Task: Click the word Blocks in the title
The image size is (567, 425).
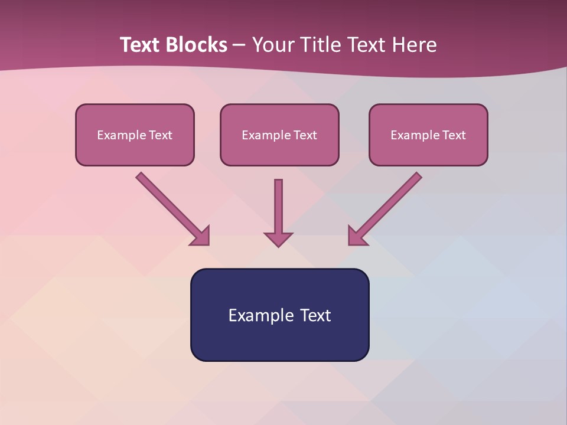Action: coord(197,45)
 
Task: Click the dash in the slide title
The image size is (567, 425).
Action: coord(239,45)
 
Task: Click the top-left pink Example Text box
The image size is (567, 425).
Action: coord(135,135)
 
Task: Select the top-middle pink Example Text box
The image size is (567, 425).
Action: coord(279,135)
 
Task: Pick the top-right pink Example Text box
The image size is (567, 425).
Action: coord(428,135)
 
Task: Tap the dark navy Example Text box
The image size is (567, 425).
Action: coord(279,315)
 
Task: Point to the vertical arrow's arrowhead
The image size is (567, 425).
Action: coord(278,238)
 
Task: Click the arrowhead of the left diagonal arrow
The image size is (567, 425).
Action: coord(201,236)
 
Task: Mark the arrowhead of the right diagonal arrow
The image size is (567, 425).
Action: coord(357,236)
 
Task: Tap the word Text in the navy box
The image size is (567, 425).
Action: coord(315,315)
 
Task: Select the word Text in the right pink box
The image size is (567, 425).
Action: coord(454,135)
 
